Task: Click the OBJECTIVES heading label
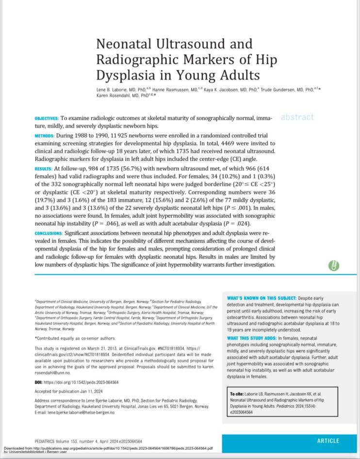pyautogui.click(x=47, y=118)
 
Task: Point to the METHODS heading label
pyautogui.click(x=45, y=136)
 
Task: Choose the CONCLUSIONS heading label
pyautogui.click(x=49, y=233)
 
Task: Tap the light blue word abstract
pyautogui.click(x=297, y=117)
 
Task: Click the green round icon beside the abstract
pyautogui.click(x=333, y=266)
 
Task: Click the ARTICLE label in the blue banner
pyautogui.click(x=328, y=441)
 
